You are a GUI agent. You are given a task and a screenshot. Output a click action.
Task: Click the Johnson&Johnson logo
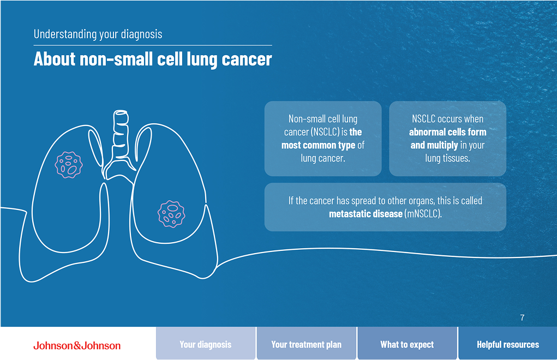point(77,345)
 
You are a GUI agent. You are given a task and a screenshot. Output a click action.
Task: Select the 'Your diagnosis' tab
point(206,344)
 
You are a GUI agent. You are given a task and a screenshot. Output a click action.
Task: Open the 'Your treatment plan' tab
point(306,344)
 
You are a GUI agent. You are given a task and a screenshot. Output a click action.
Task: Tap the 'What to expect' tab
point(407,344)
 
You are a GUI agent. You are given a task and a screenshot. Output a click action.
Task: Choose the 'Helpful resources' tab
point(507,344)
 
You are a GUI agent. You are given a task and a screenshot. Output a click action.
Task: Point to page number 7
point(522,317)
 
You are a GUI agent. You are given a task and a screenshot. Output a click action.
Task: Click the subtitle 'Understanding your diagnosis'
point(98,34)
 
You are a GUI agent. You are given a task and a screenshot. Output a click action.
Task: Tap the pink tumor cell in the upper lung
point(69,165)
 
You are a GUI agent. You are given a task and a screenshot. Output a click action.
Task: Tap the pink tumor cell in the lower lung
point(171,213)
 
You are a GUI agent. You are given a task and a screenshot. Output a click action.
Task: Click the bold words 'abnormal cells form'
point(447,132)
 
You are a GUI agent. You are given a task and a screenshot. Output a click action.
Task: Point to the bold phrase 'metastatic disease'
point(366,213)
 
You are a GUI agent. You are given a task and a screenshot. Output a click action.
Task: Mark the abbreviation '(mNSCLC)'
point(423,213)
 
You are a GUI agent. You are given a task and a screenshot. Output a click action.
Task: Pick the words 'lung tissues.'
point(447,158)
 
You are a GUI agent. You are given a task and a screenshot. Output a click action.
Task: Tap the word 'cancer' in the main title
point(247,59)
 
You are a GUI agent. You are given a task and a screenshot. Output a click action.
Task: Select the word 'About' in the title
point(55,59)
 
